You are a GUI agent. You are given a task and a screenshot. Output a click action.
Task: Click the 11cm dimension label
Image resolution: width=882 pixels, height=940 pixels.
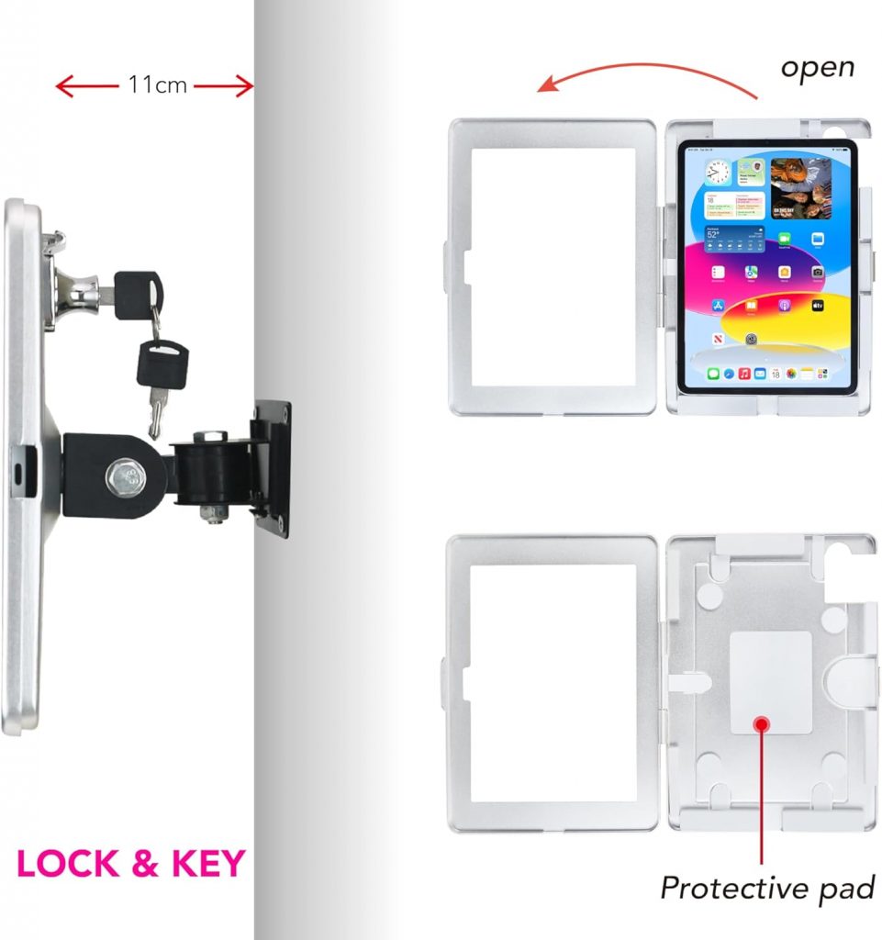157,86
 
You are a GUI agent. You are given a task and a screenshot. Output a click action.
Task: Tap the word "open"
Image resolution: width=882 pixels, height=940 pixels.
817,67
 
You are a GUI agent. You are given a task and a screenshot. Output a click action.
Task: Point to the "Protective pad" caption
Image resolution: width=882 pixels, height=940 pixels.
767,888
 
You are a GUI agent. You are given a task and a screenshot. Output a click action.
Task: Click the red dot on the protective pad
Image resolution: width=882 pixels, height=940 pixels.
761,722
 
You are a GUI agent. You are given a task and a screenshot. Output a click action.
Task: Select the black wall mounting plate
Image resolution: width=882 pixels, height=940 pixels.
273,468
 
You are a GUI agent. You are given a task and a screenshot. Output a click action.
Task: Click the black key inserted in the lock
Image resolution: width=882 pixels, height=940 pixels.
137,293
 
